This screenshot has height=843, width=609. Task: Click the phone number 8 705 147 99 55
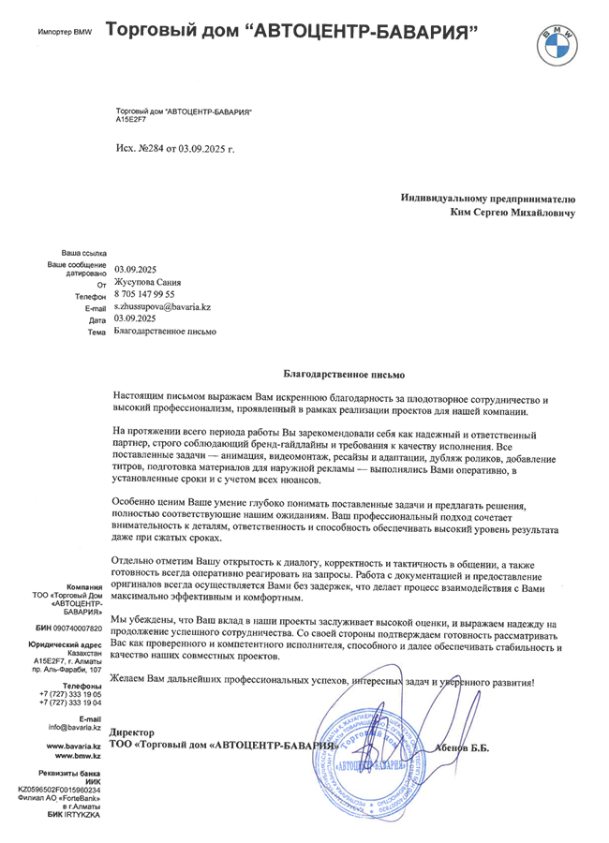click(144, 294)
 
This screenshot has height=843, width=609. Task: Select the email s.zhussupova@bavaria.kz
click(162, 306)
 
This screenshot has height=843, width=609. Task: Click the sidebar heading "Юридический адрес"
click(65, 645)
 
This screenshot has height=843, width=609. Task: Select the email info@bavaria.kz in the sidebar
click(75, 726)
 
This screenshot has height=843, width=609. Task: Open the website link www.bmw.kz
click(79, 754)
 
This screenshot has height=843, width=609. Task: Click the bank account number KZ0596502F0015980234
click(59, 790)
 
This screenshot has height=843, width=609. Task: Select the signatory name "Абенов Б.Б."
click(462, 747)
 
